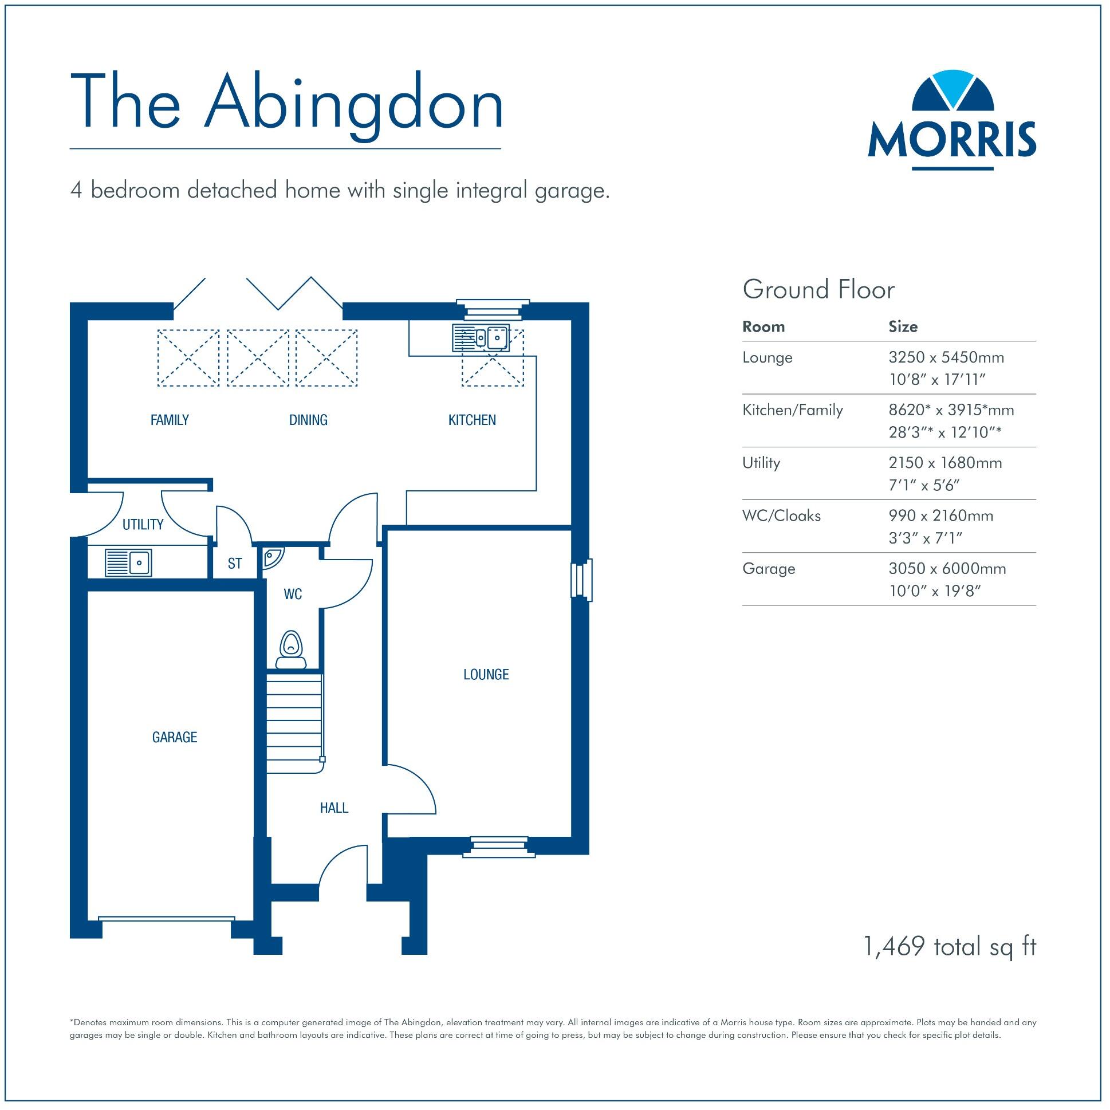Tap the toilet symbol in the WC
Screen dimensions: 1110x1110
[x=292, y=651]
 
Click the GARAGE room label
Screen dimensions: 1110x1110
[x=175, y=737]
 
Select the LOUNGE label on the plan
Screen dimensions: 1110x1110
[x=486, y=675]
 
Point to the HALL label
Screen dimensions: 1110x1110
[x=334, y=808]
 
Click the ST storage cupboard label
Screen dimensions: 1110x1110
[x=235, y=564]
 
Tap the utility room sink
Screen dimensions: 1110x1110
[x=129, y=562]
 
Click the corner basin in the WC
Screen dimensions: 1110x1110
[x=271, y=558]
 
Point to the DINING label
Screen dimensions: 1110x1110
[x=308, y=420]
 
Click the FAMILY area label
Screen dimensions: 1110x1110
[x=170, y=420]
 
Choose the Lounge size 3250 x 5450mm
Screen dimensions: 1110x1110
[x=946, y=357]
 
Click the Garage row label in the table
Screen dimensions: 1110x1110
[x=769, y=569]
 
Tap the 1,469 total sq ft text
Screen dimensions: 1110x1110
[x=950, y=946]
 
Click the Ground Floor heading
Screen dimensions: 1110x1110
[x=818, y=290]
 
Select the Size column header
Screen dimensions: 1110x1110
[x=903, y=327]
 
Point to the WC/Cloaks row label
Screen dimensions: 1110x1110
[x=781, y=516]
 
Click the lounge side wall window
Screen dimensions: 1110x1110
[x=581, y=580]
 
